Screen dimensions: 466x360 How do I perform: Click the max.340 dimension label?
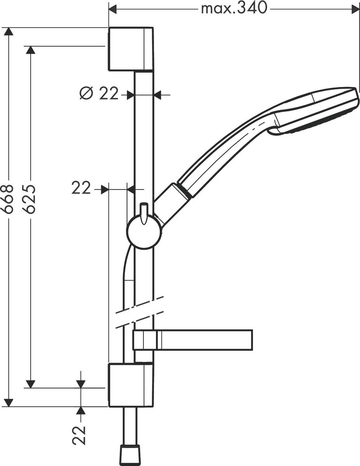(x=234, y=8)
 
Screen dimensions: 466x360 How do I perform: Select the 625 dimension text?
(x=30, y=199)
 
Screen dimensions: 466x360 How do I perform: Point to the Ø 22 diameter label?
(x=99, y=94)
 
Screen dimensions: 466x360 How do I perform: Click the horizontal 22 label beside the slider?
(x=81, y=189)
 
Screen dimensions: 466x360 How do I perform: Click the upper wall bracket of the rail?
(x=130, y=49)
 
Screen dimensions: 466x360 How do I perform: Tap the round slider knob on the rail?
(x=144, y=232)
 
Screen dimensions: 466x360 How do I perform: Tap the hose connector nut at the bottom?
(x=130, y=454)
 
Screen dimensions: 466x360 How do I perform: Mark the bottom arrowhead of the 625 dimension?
(x=30, y=384)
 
